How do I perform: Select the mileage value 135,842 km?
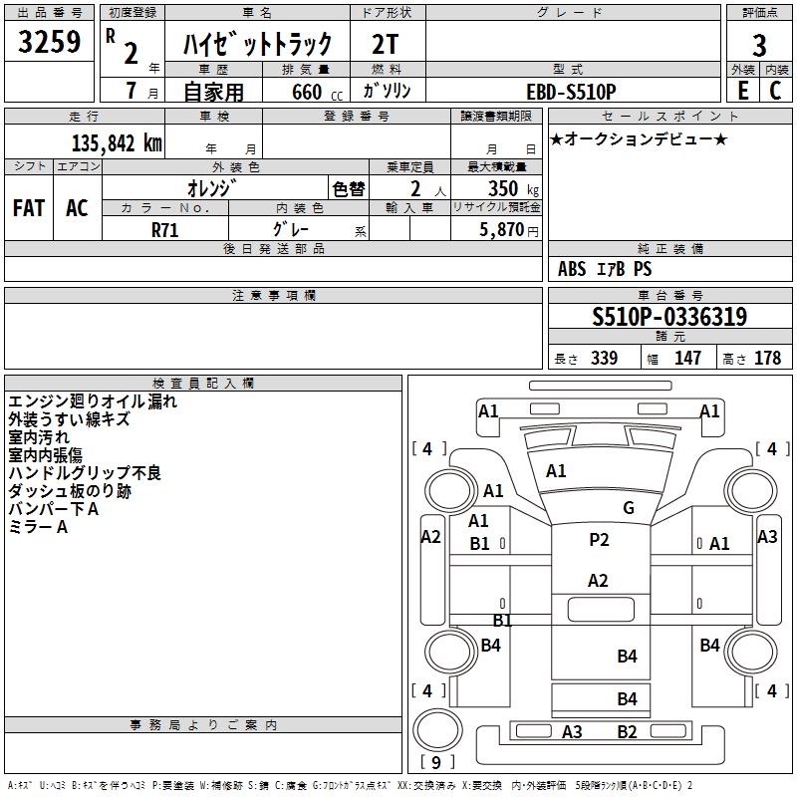pos(117,142)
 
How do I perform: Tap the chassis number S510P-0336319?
pos(669,317)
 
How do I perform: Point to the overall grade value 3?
pos(759,45)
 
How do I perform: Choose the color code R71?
pos(165,230)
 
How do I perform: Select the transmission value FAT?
pos(29,208)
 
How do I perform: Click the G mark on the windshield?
pos(628,508)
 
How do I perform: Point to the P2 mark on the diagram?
pos(598,540)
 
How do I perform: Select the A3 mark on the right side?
pos(766,536)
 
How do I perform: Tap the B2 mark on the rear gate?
pos(627,732)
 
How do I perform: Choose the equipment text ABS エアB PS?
pos(605,269)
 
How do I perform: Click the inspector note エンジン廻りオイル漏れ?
pos(93,401)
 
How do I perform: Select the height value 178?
pos(767,359)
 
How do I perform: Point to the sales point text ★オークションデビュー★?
pos(638,138)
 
